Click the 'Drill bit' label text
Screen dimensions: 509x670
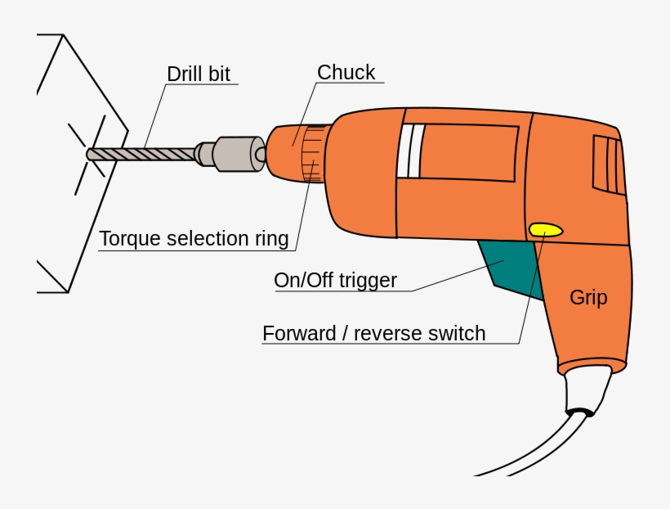coord(199,73)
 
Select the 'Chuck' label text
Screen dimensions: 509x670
coord(346,72)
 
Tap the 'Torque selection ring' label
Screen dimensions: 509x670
coord(194,239)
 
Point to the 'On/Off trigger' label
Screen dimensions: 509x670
coord(335,281)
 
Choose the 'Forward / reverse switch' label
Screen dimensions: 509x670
coord(373,334)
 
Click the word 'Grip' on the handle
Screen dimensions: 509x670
coord(588,297)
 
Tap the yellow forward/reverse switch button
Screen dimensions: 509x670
coord(546,230)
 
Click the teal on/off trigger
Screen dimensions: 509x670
coord(511,266)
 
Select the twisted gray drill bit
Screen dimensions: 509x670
coord(143,153)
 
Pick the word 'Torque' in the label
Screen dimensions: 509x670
coord(129,239)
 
